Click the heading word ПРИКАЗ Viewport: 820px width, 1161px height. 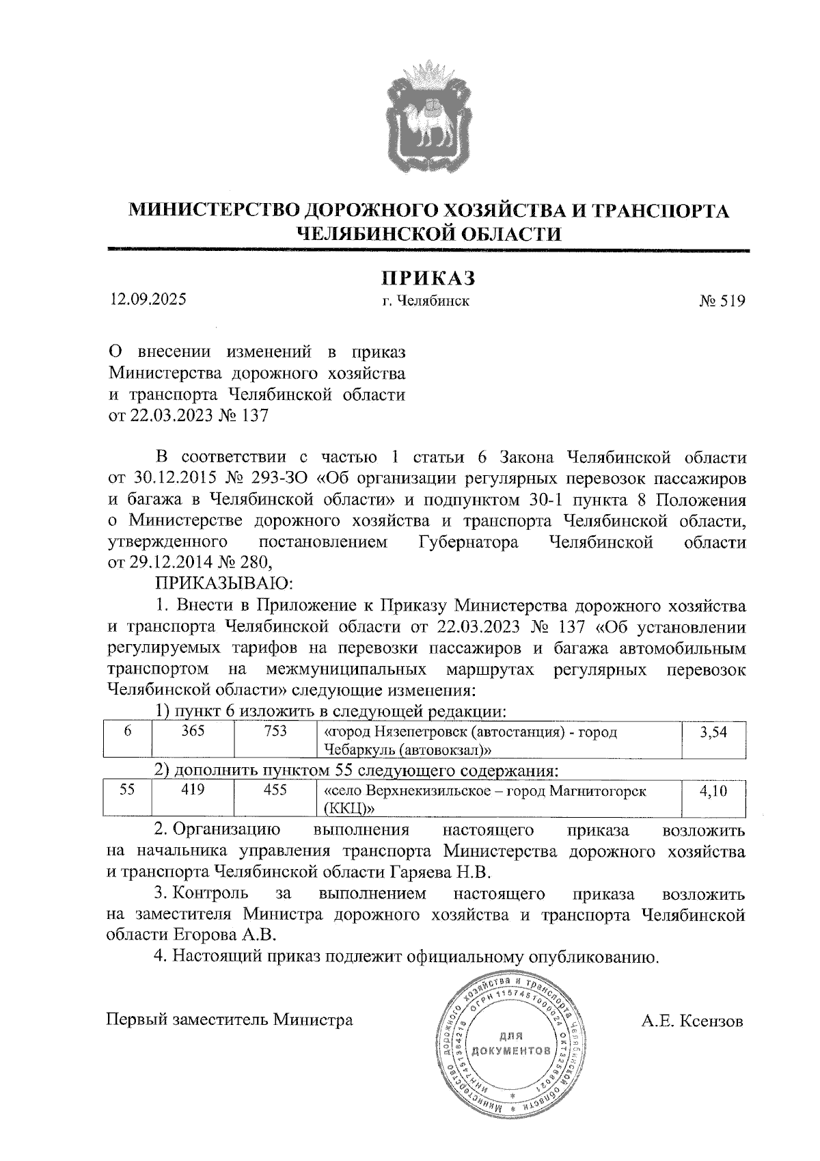[x=428, y=278]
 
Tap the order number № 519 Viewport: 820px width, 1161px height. [x=722, y=301]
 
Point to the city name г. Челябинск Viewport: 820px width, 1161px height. [x=427, y=301]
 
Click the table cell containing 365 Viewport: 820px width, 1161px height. [x=193, y=732]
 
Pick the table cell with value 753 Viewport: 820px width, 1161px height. [x=275, y=732]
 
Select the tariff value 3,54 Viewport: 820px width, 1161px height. [x=713, y=733]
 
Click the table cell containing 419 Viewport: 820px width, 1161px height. [x=193, y=790]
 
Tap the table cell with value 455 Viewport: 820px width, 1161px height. [x=275, y=790]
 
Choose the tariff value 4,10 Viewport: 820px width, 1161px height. [x=713, y=792]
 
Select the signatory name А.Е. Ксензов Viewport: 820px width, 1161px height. [x=691, y=1022]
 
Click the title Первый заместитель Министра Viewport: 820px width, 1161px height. [x=230, y=1021]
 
